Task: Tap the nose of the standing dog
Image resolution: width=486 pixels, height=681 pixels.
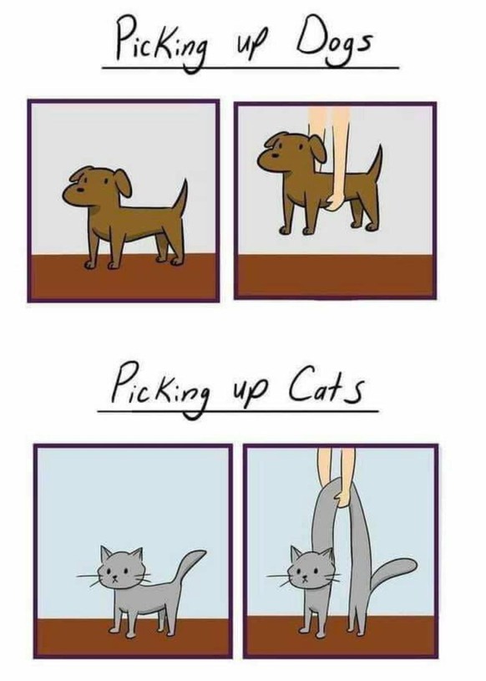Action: click(x=81, y=190)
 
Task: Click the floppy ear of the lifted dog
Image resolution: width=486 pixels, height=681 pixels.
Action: click(x=318, y=148)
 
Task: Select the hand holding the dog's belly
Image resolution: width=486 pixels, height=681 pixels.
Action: click(x=335, y=201)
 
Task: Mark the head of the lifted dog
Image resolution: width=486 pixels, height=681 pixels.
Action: click(x=291, y=153)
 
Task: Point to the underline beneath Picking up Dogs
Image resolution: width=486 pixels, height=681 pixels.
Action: click(x=251, y=68)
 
